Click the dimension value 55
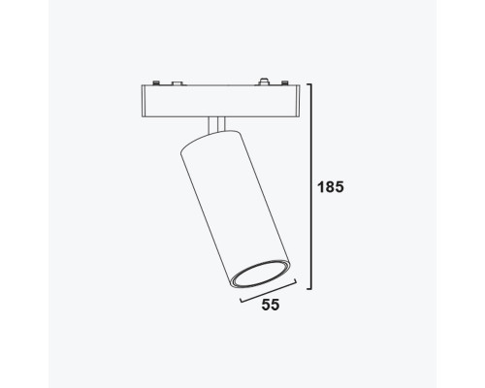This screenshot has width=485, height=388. [271, 307]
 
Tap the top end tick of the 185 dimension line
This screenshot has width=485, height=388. [305, 84]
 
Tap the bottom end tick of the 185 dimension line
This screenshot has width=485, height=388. [305, 289]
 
